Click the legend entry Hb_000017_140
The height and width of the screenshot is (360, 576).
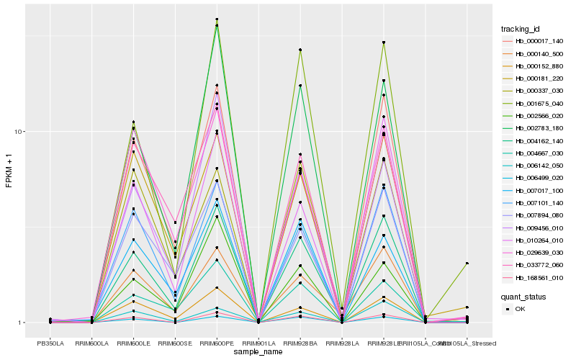(x=539, y=41)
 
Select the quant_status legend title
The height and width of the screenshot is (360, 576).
(x=523, y=296)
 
